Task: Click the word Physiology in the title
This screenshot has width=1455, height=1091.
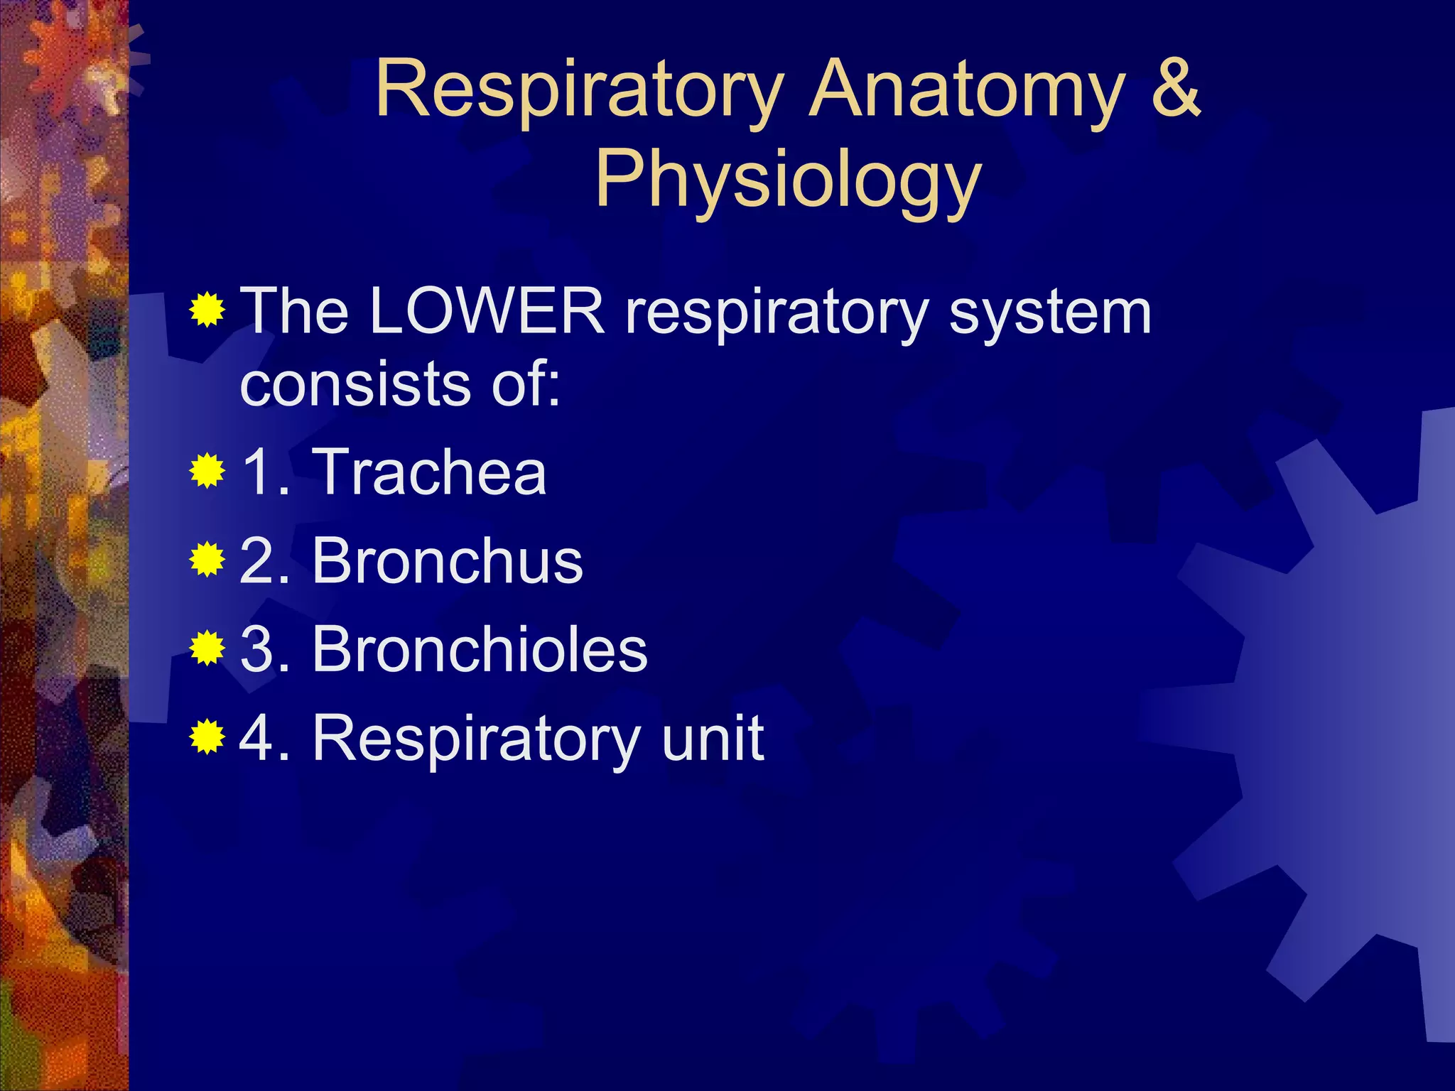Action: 788,180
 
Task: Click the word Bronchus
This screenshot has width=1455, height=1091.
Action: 448,561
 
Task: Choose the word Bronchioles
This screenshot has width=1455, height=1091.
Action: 480,649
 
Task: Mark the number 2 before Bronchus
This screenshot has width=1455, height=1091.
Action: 257,561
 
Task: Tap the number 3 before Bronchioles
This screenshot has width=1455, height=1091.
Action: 257,649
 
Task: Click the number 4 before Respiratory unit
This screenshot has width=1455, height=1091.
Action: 257,739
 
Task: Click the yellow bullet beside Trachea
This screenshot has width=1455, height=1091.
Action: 207,471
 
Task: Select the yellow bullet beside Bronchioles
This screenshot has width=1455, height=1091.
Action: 207,648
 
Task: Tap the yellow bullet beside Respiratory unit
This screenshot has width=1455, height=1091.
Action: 207,737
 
